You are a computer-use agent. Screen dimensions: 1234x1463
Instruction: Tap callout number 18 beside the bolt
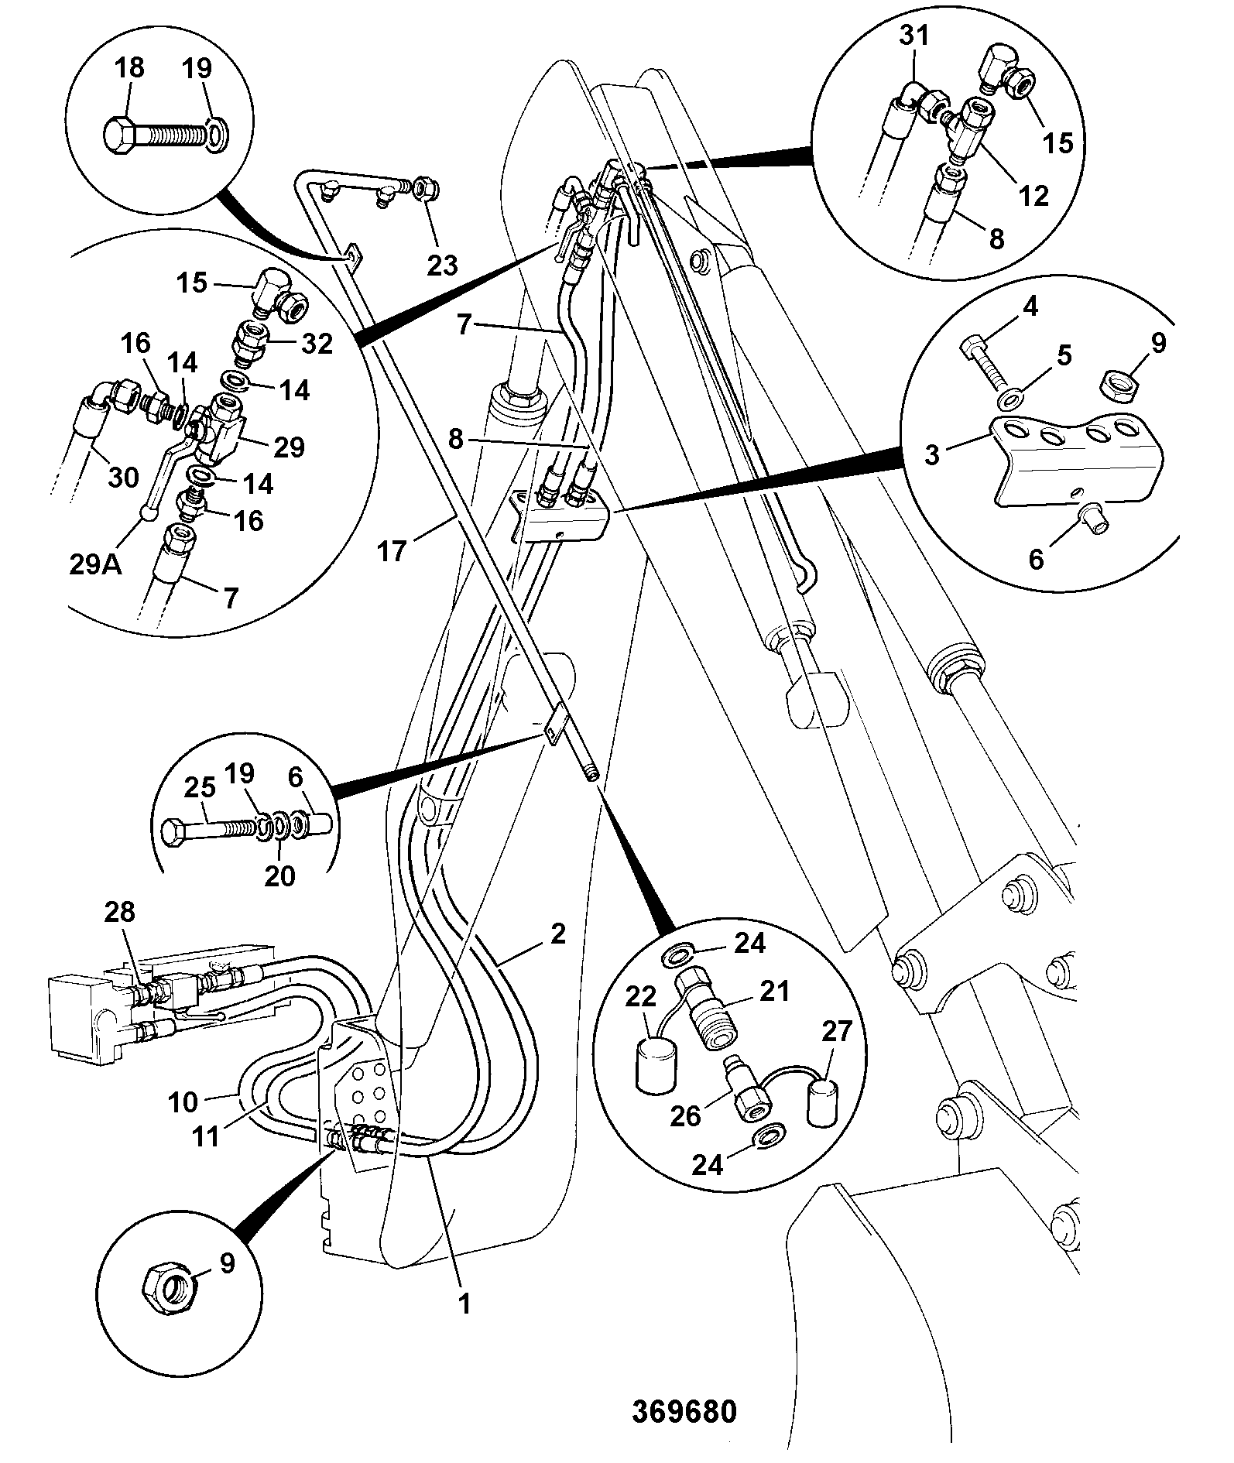point(129,67)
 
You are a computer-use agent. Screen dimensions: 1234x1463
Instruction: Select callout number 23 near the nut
point(443,265)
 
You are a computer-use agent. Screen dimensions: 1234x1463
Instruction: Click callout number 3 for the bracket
point(933,454)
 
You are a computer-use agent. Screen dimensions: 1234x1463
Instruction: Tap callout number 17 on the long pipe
point(392,552)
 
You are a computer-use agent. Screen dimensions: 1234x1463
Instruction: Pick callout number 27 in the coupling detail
point(835,1031)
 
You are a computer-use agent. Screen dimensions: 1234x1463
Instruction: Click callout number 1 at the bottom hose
point(464,1304)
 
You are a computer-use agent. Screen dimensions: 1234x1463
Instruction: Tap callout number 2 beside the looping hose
point(558,934)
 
